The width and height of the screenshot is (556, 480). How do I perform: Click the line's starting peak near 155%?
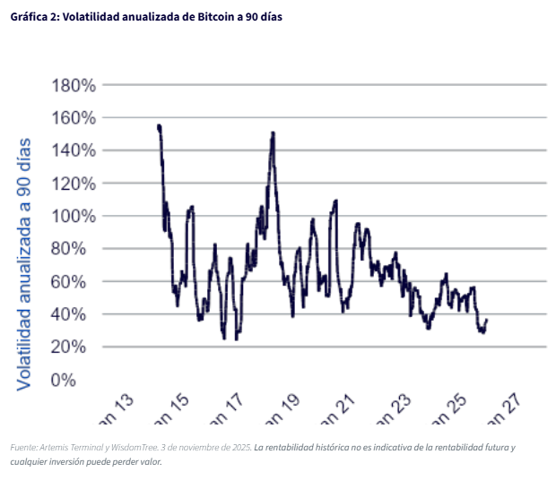click(159, 126)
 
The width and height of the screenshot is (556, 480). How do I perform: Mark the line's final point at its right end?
click(486, 320)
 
